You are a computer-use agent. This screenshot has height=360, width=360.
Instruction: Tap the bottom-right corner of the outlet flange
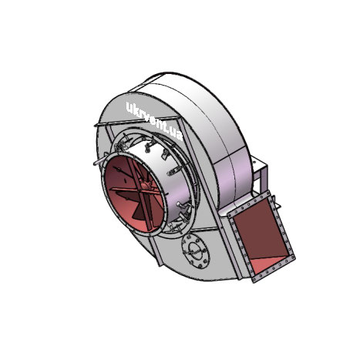point(294,257)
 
